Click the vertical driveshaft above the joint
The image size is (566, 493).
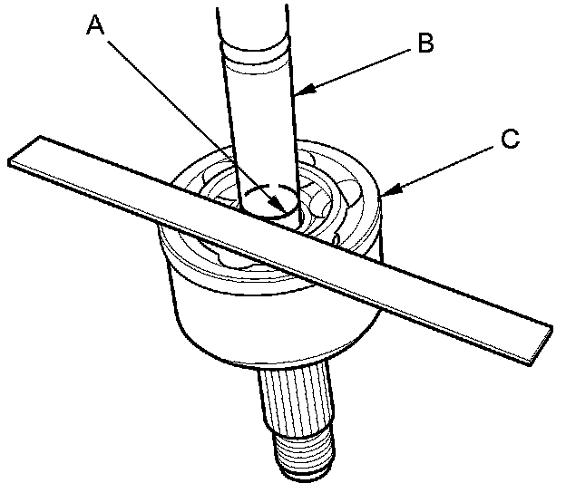(x=258, y=118)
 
